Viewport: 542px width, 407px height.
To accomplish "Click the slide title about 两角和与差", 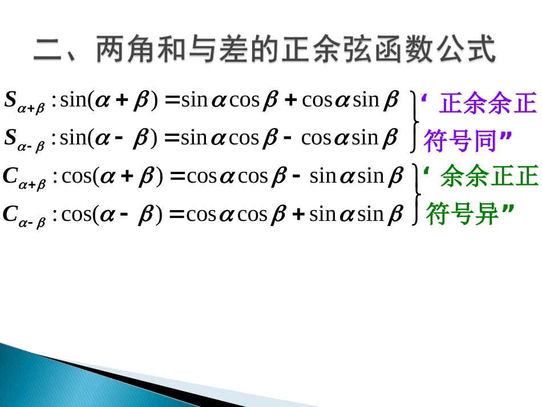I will tap(264, 50).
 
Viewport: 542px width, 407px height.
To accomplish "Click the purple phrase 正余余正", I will tap(488, 104).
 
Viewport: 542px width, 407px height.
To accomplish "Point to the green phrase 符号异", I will tap(463, 215).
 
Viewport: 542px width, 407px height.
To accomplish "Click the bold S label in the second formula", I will tap(11, 138).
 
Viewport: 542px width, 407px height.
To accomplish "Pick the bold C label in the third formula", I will tap(11, 176).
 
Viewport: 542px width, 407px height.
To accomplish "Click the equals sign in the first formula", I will tap(171, 100).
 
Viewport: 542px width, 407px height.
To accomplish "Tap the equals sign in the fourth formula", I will tap(177, 215).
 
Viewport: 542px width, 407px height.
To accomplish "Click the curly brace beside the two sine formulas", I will tap(415, 120).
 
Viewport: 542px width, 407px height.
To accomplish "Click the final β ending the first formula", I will tap(391, 101).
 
